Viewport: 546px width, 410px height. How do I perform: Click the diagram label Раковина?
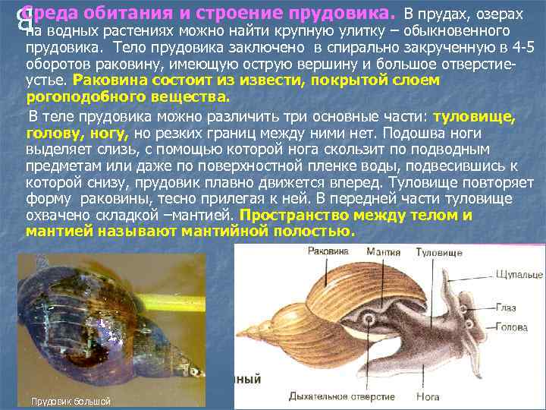click(x=328, y=251)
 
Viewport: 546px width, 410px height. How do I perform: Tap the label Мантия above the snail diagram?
click(x=384, y=251)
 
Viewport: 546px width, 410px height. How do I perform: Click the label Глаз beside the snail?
click(x=507, y=307)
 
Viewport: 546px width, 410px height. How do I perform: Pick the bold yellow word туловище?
click(x=474, y=116)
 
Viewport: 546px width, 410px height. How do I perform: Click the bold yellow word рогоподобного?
click(x=74, y=97)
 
